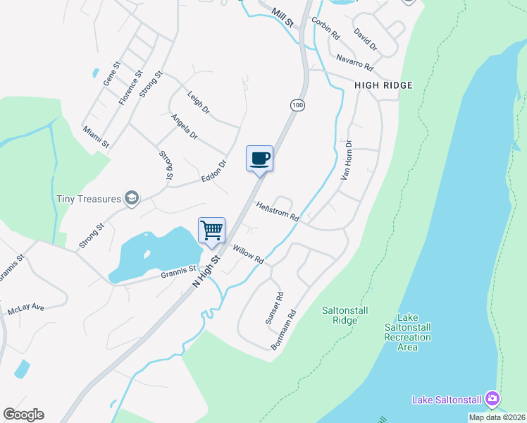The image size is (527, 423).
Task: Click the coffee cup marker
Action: (x=259, y=157)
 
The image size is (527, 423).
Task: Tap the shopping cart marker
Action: (x=211, y=230)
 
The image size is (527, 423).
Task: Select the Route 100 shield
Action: (x=297, y=105)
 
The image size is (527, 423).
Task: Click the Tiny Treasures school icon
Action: (x=131, y=199)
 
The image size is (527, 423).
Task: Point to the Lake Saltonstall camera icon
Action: (x=492, y=400)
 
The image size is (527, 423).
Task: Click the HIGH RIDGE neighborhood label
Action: (x=383, y=85)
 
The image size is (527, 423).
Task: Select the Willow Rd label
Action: (x=248, y=255)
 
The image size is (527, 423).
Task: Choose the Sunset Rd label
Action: (x=274, y=308)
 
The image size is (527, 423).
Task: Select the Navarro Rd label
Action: (x=354, y=62)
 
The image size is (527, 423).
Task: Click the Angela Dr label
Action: (x=185, y=126)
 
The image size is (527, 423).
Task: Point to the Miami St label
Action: (x=96, y=137)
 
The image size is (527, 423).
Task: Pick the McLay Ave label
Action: (x=26, y=309)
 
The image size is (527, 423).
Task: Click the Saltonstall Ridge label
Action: (x=345, y=314)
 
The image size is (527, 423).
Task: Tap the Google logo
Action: (x=23, y=415)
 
